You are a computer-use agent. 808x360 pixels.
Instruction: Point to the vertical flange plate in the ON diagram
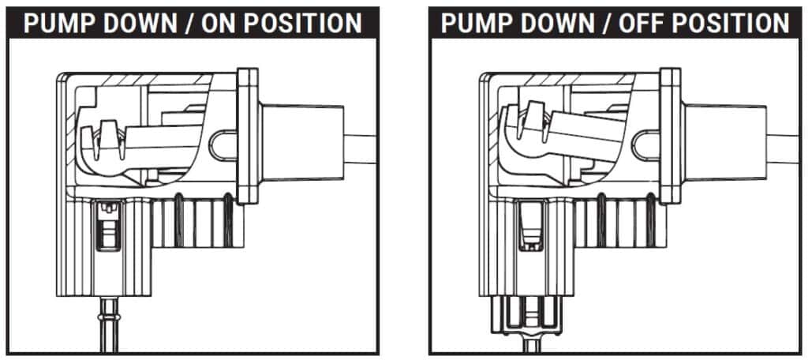point(247,136)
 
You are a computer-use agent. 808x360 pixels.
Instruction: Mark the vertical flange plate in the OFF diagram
point(670,136)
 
